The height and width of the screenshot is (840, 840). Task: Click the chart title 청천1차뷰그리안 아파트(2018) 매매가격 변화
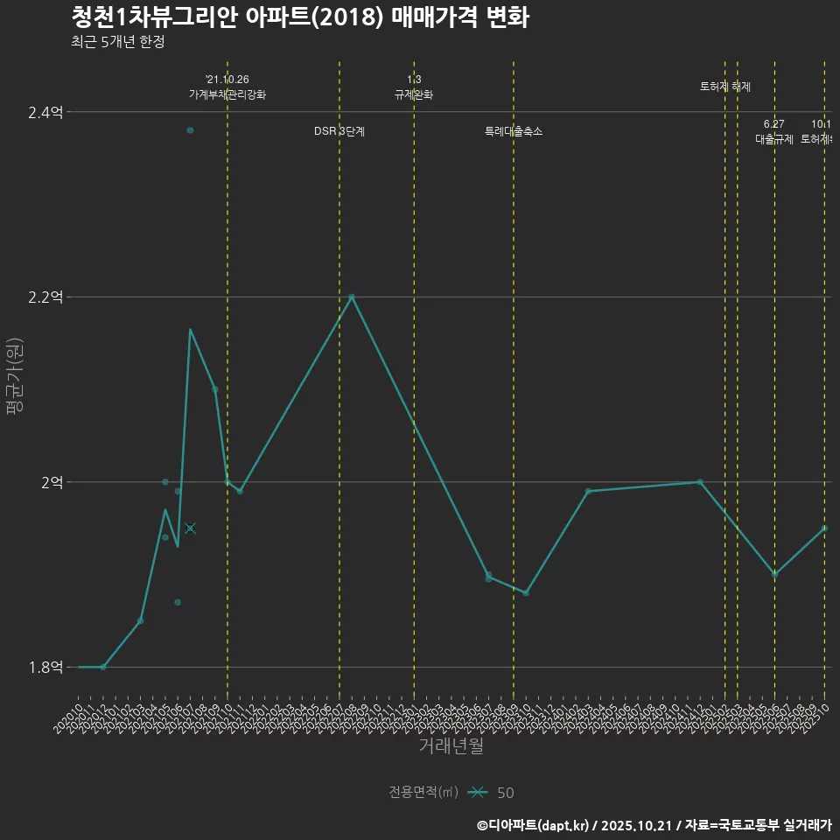299,17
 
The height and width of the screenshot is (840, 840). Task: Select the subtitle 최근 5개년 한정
117,42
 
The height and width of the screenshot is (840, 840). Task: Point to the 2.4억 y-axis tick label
45,112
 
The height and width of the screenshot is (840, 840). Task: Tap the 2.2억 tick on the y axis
45,297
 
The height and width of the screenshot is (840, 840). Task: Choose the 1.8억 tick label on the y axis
45,667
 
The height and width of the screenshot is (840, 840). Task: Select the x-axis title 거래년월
451,746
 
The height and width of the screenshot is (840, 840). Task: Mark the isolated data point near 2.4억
190,130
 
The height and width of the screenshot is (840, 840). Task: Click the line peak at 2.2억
352,297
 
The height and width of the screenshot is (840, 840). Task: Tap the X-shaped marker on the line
190,528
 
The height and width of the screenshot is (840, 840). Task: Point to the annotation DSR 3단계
339,131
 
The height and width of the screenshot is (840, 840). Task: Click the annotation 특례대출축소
514,131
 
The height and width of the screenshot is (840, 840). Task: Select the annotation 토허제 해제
725,87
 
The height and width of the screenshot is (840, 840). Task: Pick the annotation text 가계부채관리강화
227,94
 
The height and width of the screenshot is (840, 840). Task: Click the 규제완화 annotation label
414,94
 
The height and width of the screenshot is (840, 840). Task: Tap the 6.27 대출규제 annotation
774,131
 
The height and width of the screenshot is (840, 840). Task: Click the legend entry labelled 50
505,793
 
